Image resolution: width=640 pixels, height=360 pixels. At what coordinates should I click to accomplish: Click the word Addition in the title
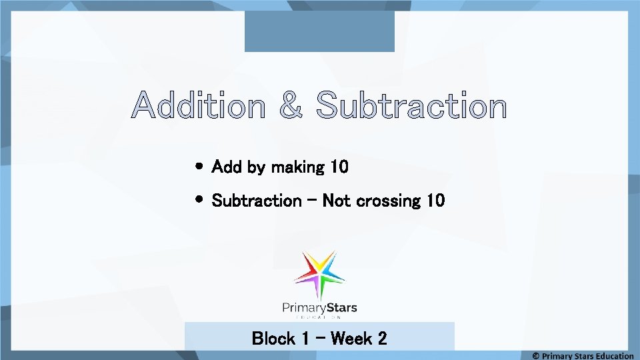(x=198, y=107)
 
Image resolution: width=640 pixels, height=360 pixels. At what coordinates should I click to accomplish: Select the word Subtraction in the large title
(x=411, y=107)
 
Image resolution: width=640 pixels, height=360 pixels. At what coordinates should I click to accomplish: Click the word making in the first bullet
(x=297, y=167)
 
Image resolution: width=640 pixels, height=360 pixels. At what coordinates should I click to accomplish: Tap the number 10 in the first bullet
(x=339, y=167)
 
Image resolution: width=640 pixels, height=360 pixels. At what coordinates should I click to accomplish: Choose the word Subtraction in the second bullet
(x=257, y=201)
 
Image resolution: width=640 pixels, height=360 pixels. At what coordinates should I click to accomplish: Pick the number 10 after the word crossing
(x=435, y=200)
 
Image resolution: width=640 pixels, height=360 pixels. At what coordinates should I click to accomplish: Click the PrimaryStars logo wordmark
(x=319, y=308)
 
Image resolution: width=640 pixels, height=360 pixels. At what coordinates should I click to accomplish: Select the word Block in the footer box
(x=273, y=339)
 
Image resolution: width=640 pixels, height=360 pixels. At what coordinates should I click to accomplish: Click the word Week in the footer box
(x=351, y=339)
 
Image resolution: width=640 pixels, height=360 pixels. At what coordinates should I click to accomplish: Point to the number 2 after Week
(x=382, y=339)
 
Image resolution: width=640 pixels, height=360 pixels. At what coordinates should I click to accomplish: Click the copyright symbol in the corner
(x=535, y=355)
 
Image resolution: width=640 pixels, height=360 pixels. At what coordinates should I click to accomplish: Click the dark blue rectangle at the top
(x=319, y=31)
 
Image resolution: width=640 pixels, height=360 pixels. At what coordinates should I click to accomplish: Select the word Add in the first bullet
(x=227, y=167)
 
